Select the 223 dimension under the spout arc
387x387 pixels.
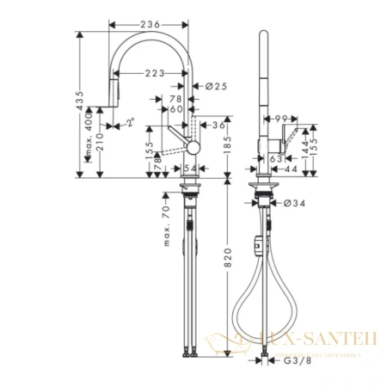tap(155, 73)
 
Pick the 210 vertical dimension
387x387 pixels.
tap(101, 141)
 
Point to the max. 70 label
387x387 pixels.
tap(166, 224)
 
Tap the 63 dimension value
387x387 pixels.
tap(276, 158)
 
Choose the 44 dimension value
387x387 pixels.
tap(292, 170)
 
